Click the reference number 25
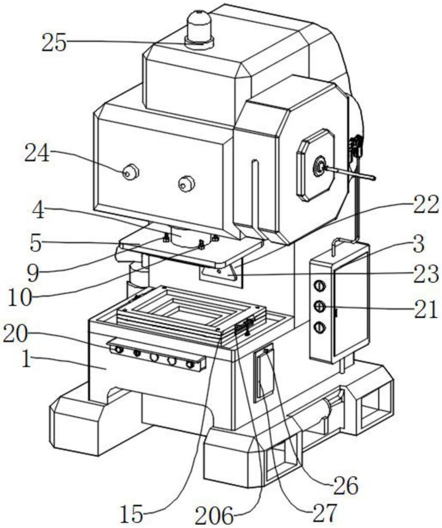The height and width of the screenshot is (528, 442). (x=55, y=43)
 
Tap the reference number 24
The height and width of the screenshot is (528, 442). (x=37, y=155)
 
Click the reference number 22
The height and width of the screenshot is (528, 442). (x=426, y=204)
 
